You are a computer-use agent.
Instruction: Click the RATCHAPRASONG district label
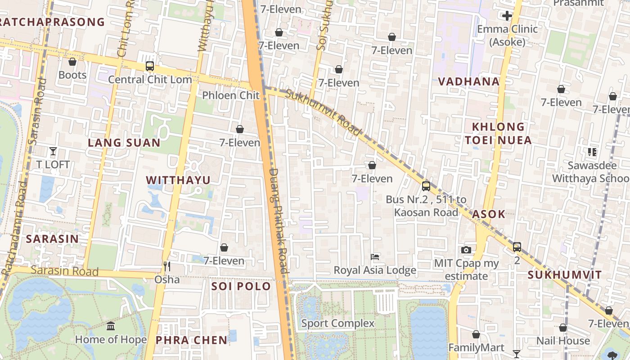(x=52, y=22)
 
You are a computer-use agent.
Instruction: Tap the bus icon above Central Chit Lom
(x=150, y=67)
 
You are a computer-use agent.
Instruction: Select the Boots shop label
(x=72, y=75)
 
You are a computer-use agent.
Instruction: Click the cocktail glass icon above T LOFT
(x=53, y=151)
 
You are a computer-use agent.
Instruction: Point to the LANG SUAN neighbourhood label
(x=124, y=143)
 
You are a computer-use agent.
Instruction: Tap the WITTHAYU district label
(x=178, y=180)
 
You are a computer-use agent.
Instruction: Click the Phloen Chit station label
(x=231, y=95)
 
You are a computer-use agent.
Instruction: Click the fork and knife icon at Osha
(x=167, y=266)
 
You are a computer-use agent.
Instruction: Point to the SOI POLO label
(x=241, y=287)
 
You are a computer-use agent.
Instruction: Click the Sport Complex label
(x=337, y=323)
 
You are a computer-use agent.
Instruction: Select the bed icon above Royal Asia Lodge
(x=375, y=257)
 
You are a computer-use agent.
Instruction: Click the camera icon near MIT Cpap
(x=466, y=250)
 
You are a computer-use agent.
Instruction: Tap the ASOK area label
(x=488, y=215)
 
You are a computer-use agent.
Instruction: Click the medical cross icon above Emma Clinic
(x=507, y=16)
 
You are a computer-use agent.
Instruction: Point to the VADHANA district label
(x=469, y=82)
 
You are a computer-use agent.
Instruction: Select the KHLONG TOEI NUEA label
(x=498, y=134)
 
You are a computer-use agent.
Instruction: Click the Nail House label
(x=563, y=341)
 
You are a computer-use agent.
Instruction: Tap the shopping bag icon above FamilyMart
(x=476, y=335)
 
